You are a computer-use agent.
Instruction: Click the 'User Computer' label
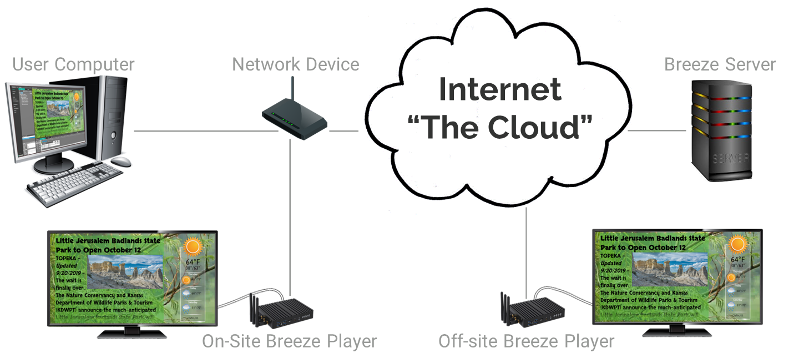73,64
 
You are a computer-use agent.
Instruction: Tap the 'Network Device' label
295,64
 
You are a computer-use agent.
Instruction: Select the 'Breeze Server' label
720,64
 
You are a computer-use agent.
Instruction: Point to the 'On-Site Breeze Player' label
289,341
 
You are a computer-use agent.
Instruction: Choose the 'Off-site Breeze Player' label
526,341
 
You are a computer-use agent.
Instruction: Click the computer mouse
122,162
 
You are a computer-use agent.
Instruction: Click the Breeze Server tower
721,130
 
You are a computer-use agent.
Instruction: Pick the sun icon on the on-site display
193,246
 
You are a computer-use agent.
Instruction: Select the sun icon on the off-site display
737,244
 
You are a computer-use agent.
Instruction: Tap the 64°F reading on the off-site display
737,259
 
